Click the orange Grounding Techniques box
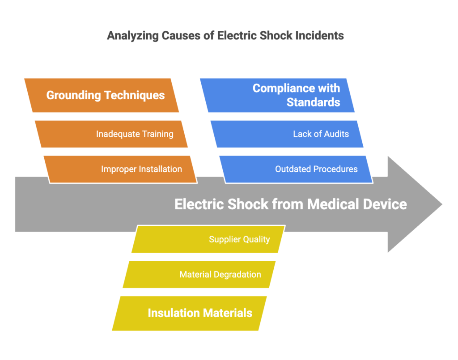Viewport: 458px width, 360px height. (x=102, y=95)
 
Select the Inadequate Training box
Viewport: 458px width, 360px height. (x=111, y=134)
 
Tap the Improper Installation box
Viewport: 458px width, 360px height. (x=120, y=169)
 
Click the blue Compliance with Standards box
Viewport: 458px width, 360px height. (x=277, y=95)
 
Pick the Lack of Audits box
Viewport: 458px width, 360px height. (x=287, y=134)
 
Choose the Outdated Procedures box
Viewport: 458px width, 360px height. (x=296, y=169)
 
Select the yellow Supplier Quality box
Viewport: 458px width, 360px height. (x=208, y=239)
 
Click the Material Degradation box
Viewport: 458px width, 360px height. (x=199, y=275)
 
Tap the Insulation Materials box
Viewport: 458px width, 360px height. (x=189, y=313)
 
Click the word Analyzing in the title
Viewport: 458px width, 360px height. (x=133, y=36)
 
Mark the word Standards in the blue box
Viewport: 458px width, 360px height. (x=314, y=102)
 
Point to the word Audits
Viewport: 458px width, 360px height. (x=336, y=134)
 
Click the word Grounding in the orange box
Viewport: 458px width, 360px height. (x=74, y=95)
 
